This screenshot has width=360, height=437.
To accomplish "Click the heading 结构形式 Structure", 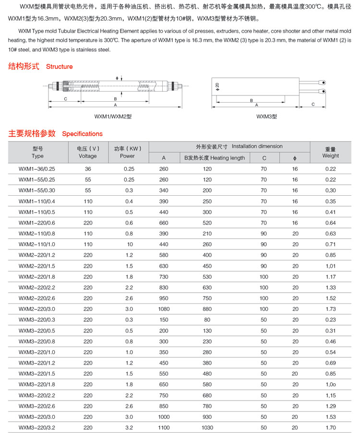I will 40,67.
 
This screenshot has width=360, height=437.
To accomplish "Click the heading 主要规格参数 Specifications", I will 56,133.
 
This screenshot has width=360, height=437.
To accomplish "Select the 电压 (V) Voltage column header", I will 88,152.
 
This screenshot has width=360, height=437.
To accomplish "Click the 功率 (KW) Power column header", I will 128,152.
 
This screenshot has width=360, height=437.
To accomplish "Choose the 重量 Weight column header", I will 330,152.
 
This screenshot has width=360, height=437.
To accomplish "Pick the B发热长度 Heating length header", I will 215,158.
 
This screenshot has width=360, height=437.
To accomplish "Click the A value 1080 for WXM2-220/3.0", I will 164,309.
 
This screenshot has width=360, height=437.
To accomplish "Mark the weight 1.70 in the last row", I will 330,427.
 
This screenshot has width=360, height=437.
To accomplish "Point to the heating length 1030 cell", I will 207,427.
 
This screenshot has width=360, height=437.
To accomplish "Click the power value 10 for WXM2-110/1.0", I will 130,244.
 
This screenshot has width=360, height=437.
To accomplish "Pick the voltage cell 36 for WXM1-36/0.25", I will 88,169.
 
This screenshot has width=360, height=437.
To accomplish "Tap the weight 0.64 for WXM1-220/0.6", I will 330,223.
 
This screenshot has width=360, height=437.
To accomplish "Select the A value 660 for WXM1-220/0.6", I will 164,223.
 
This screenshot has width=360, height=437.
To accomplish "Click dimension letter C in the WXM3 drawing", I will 313,104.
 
